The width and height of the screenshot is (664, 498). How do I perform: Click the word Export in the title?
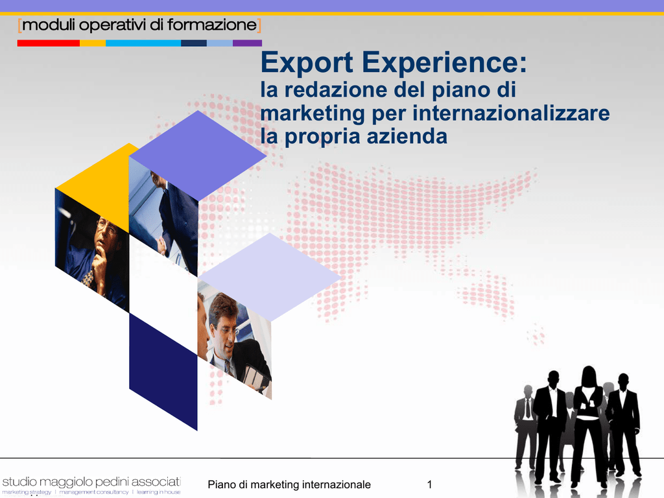pos(307,63)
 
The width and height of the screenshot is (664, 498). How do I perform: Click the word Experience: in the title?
pos(445,63)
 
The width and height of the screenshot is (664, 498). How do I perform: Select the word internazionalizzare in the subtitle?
pos(511,113)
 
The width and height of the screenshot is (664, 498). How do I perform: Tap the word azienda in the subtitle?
pos(407,136)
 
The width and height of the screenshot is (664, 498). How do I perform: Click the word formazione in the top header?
pos(212,25)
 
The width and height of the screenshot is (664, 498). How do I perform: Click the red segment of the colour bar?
pos(48,43)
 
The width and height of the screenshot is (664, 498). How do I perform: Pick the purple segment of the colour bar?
pos(247,43)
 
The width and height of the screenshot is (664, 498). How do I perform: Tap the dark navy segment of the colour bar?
pos(193,43)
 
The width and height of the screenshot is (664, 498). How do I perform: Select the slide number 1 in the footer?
pos(429,484)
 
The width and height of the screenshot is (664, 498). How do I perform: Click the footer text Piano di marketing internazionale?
pos(289,484)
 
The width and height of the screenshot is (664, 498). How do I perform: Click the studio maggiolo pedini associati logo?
pos(91,485)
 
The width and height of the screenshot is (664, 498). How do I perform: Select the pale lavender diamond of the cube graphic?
pos(269,277)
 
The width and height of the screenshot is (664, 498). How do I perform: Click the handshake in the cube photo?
pos(161,244)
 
